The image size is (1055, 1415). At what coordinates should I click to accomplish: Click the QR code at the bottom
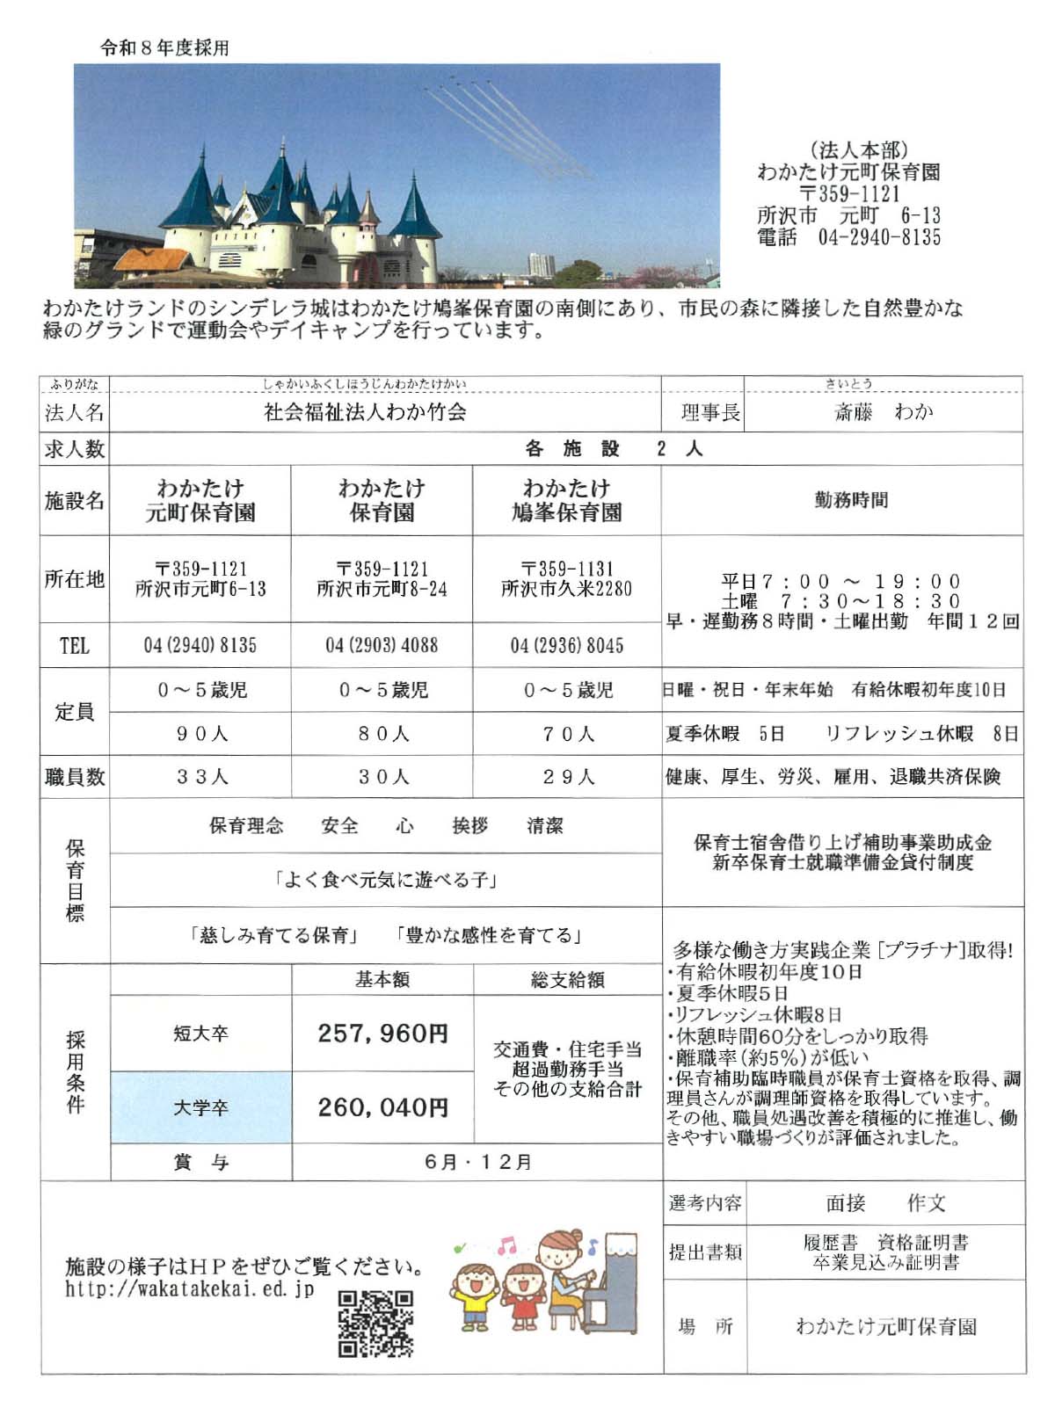[x=375, y=1323]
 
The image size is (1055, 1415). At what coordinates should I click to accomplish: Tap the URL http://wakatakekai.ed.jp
[x=189, y=1290]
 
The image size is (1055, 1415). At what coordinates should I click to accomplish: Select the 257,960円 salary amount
[x=382, y=1034]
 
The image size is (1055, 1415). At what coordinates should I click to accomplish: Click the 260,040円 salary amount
[x=382, y=1107]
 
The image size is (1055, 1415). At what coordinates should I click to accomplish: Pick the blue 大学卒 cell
[x=200, y=1107]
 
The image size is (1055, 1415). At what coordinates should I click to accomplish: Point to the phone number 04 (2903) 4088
[x=382, y=645]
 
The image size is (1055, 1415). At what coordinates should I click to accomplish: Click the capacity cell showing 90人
[x=201, y=733]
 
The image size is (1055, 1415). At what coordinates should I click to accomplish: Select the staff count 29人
[x=567, y=777]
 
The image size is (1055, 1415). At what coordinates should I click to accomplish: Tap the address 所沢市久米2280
[x=567, y=589]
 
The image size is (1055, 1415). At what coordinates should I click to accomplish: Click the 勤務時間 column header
[x=850, y=500]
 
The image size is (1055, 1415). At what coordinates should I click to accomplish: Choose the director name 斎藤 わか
[x=883, y=411]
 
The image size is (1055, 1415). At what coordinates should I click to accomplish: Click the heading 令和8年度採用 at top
[x=164, y=47]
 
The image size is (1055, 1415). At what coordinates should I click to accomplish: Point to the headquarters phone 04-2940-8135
[x=878, y=237]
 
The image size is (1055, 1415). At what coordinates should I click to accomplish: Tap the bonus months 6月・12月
[x=477, y=1162]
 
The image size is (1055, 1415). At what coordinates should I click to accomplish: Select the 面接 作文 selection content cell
[x=884, y=1203]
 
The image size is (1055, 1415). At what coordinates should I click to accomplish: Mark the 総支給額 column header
[x=567, y=980]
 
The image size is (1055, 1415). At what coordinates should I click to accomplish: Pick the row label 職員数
[x=75, y=777]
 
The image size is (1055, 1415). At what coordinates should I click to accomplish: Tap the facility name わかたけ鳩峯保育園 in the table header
[x=567, y=500]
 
